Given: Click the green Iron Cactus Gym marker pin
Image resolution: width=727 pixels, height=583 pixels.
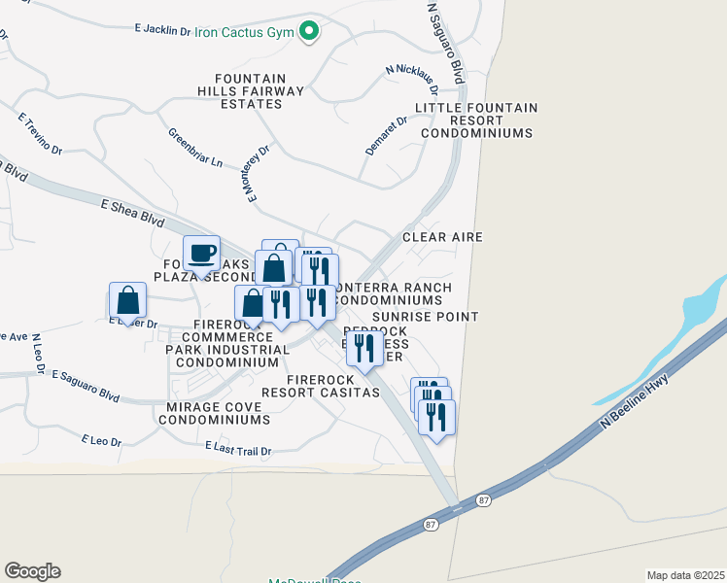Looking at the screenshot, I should (310, 32).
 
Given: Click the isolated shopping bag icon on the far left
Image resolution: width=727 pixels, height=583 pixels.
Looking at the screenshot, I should (128, 300).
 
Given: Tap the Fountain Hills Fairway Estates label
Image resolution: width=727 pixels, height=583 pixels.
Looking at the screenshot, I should (251, 91).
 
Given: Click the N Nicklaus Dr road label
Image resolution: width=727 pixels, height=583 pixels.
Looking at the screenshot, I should (412, 77).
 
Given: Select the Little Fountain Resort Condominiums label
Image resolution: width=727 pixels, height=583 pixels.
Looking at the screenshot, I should (476, 120).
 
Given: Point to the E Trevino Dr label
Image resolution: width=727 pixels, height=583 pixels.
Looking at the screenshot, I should (40, 134).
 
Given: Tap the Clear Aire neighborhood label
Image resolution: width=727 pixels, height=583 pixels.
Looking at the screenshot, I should (442, 237).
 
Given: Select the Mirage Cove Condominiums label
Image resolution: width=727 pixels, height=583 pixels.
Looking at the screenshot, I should (214, 413).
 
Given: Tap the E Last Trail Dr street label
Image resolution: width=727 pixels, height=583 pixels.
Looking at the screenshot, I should (238, 450).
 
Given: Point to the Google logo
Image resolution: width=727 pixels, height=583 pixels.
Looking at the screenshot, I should (32, 571).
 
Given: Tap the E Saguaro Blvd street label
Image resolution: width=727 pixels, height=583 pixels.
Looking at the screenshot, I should (86, 386).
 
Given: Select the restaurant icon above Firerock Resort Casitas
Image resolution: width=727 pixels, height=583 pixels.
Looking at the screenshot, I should (364, 349).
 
